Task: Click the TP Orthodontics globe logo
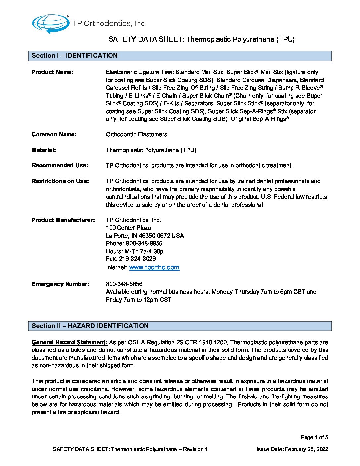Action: pyautogui.click(x=50, y=24)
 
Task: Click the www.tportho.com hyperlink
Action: pyautogui.click(x=154, y=267)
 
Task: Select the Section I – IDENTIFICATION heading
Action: pyautogui.click(x=75, y=56)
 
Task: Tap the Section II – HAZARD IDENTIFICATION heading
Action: pyautogui.click(x=90, y=326)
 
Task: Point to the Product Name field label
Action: pyautogui.click(x=53, y=72)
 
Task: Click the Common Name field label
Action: pyautogui.click(x=54, y=134)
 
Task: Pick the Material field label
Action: pyautogui.click(x=44, y=150)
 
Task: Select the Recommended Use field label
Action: pyautogui.click(x=60, y=165)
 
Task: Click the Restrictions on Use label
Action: pyautogui.click(x=60, y=181)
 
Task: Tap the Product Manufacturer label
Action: pyautogui.click(x=63, y=220)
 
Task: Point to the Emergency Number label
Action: pyautogui.click(x=60, y=284)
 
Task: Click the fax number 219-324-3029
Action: pyautogui.click(x=137, y=259)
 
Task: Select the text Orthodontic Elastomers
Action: pyautogui.click(x=137, y=134)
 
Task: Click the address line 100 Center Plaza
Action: pyautogui.click(x=128, y=228)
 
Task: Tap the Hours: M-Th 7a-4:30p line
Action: pyautogui.click(x=135, y=251)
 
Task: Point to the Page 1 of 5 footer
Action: pyautogui.click(x=314, y=437)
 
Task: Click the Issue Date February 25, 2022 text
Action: pyautogui.click(x=292, y=449)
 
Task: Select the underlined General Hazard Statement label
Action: pyautogui.click(x=69, y=342)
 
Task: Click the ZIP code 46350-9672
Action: pyautogui.click(x=155, y=236)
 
